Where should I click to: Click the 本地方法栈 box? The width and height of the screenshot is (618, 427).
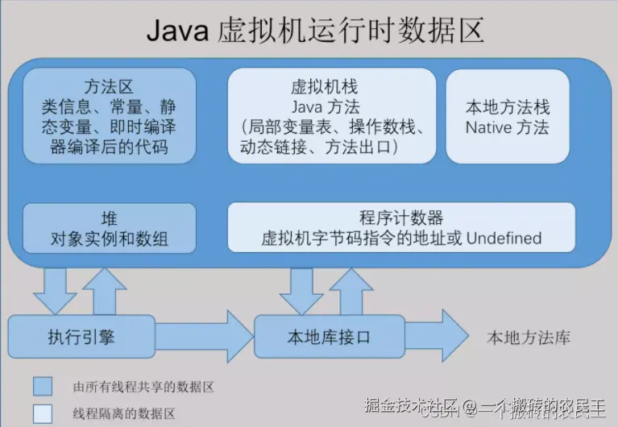pos(508,116)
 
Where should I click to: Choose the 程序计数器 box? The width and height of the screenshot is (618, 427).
pos(401,228)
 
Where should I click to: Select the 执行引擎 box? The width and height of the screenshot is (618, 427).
pos(81,337)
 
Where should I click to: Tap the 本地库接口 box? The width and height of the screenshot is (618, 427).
pos(329,337)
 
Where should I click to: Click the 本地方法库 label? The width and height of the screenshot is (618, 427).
pos(528,338)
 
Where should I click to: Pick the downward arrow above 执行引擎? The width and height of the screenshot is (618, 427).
pos(55,289)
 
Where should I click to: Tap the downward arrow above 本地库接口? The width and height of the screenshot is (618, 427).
pos(301,289)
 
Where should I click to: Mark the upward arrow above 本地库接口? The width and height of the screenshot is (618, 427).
pos(350,289)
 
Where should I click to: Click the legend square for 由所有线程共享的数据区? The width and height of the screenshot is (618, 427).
pos(43,387)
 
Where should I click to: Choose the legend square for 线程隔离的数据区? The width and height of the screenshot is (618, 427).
pos(43,413)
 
